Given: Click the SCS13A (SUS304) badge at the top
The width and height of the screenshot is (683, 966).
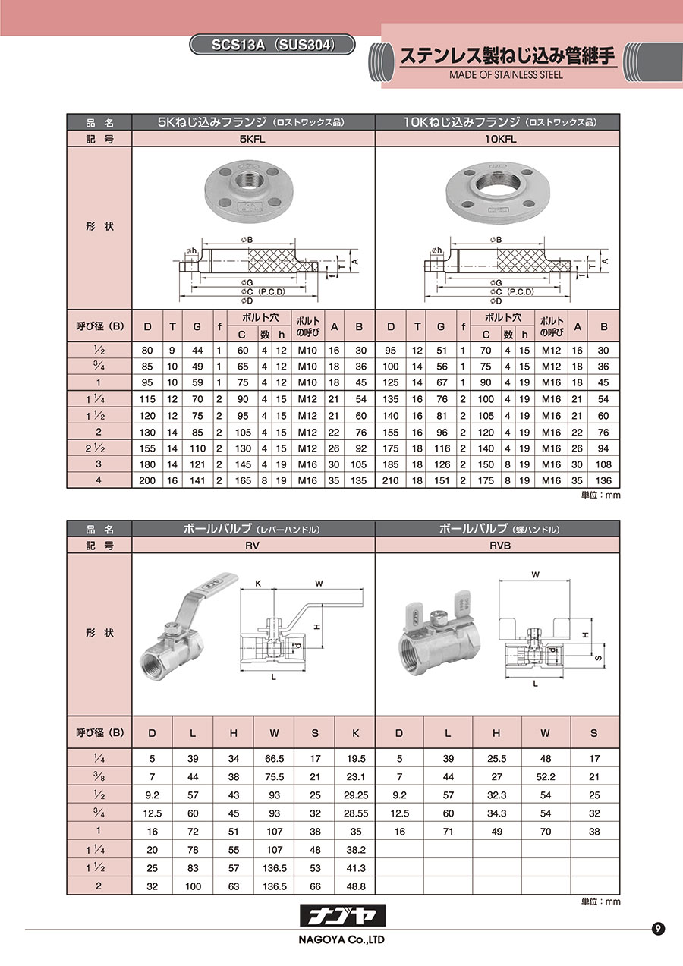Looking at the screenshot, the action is (x=272, y=45).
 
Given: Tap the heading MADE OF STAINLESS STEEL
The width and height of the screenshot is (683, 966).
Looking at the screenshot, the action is (x=505, y=74).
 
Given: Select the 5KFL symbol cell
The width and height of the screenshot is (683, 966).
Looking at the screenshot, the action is (x=253, y=140).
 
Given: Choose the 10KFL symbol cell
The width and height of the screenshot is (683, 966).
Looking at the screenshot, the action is (x=498, y=140).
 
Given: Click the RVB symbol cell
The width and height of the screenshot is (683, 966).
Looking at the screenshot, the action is (x=498, y=546).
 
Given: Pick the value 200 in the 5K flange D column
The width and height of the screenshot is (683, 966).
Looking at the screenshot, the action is (x=147, y=480).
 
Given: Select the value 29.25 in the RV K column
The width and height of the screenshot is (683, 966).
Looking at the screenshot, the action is (x=356, y=795).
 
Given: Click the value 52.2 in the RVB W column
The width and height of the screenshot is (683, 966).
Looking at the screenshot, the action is (x=546, y=777).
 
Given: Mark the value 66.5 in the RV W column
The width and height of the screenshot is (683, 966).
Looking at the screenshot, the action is (x=274, y=759).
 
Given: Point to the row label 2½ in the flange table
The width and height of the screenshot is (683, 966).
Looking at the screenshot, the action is (x=96, y=448).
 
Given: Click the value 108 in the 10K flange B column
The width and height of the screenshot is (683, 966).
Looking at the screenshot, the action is (x=603, y=464).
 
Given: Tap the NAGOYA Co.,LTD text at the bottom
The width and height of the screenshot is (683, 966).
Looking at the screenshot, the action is (x=341, y=939).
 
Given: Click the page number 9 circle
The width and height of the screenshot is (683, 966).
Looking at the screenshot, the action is (x=658, y=928).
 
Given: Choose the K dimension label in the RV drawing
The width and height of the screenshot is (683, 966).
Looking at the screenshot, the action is (x=258, y=584).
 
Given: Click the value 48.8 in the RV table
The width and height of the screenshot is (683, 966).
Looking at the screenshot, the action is (x=356, y=886).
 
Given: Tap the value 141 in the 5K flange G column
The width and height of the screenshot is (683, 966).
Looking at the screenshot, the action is (x=197, y=480).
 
